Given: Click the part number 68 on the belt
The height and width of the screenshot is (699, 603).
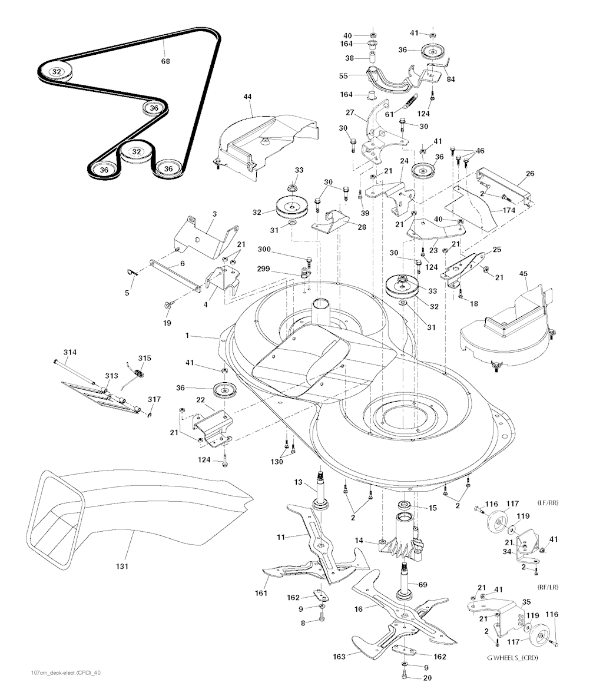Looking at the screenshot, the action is (165, 61).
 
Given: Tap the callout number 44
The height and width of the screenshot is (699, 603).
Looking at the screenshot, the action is (247, 97).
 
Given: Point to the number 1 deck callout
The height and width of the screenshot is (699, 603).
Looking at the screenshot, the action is (187, 335).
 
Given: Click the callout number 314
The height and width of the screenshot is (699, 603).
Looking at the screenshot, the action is (70, 352).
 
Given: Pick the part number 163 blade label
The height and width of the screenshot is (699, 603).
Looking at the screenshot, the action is (340, 656).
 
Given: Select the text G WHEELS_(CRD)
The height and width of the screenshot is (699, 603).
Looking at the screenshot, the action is (512, 658).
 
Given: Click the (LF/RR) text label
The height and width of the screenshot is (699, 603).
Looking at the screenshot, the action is (548, 503).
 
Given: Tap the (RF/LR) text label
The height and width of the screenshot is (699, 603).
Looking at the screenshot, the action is (548, 587).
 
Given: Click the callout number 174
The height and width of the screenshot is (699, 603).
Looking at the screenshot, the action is (509, 210).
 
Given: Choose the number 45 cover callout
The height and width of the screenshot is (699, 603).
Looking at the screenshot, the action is (524, 274).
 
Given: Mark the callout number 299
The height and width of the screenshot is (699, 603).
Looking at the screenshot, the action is (263, 269).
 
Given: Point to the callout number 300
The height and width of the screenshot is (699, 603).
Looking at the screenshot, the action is (264, 249).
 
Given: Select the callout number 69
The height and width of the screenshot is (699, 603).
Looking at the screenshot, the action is (422, 584).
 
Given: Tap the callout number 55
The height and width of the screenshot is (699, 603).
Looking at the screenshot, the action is (343, 76).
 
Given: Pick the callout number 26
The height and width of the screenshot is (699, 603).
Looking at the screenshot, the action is (530, 173).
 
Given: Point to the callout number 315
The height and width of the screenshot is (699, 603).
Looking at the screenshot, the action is (144, 358).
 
